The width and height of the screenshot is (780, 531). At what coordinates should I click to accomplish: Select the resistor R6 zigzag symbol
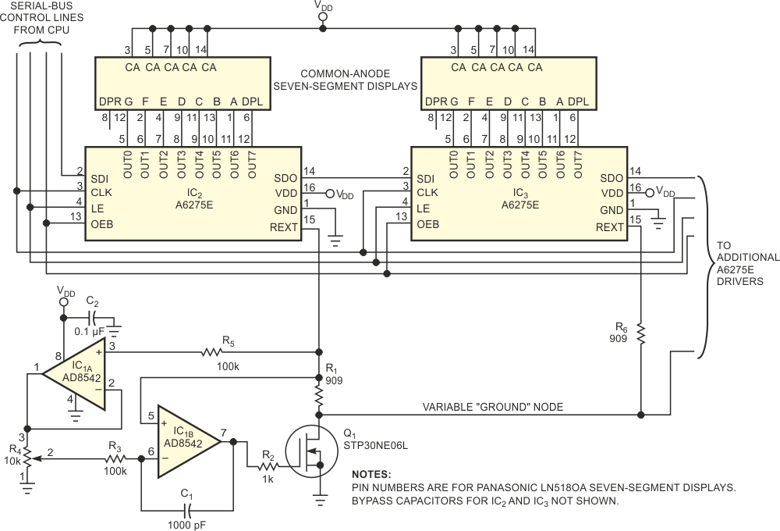640,333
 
